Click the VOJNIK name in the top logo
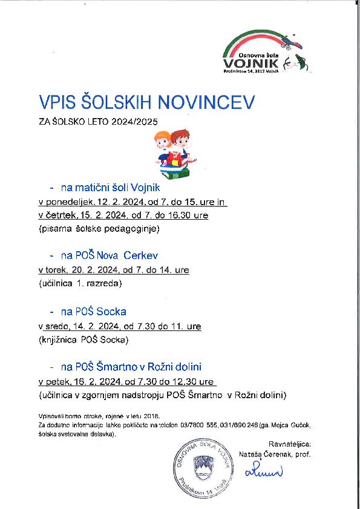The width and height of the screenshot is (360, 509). click(x=250, y=62)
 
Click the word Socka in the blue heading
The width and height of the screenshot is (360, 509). click(x=113, y=312)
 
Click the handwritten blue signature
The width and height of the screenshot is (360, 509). click(x=263, y=471)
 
